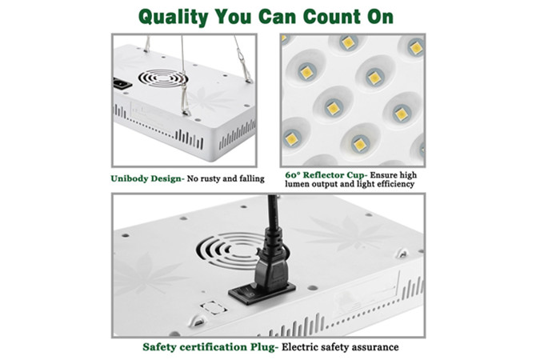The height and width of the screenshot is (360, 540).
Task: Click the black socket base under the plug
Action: pyautogui.click(x=265, y=294)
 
